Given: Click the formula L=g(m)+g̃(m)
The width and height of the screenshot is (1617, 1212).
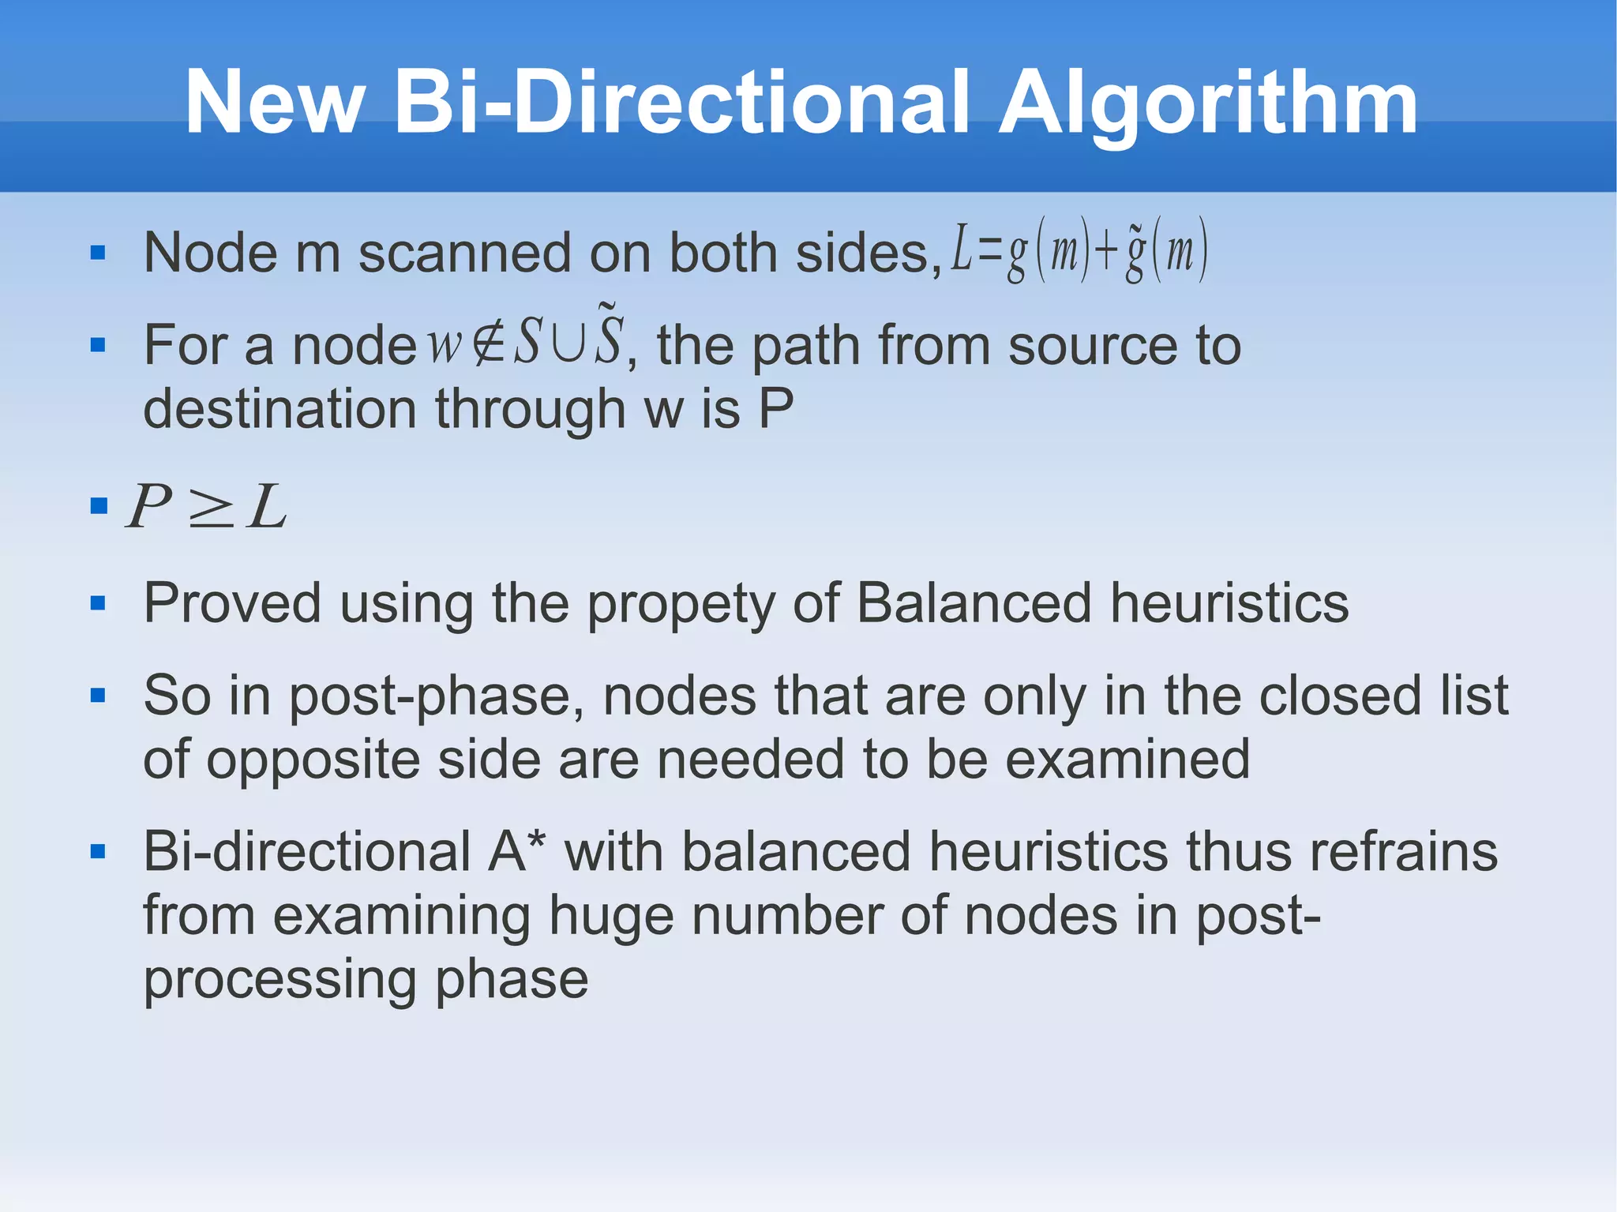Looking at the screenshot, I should [x=1079, y=253].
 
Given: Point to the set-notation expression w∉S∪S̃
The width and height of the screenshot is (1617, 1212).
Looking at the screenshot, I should [x=526, y=340].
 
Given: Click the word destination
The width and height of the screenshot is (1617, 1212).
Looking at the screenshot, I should [x=280, y=409].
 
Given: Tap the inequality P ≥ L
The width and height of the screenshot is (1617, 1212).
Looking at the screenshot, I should [x=207, y=506].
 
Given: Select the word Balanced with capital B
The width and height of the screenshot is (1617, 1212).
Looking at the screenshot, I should [x=974, y=603].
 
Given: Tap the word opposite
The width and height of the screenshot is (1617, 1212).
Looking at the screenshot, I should [x=313, y=760].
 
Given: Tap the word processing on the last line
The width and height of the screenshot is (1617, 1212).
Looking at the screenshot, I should [x=280, y=979].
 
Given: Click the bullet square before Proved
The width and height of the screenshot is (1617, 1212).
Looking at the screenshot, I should [x=98, y=604].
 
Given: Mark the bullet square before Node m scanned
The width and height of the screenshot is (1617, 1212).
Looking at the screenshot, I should [x=98, y=253].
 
